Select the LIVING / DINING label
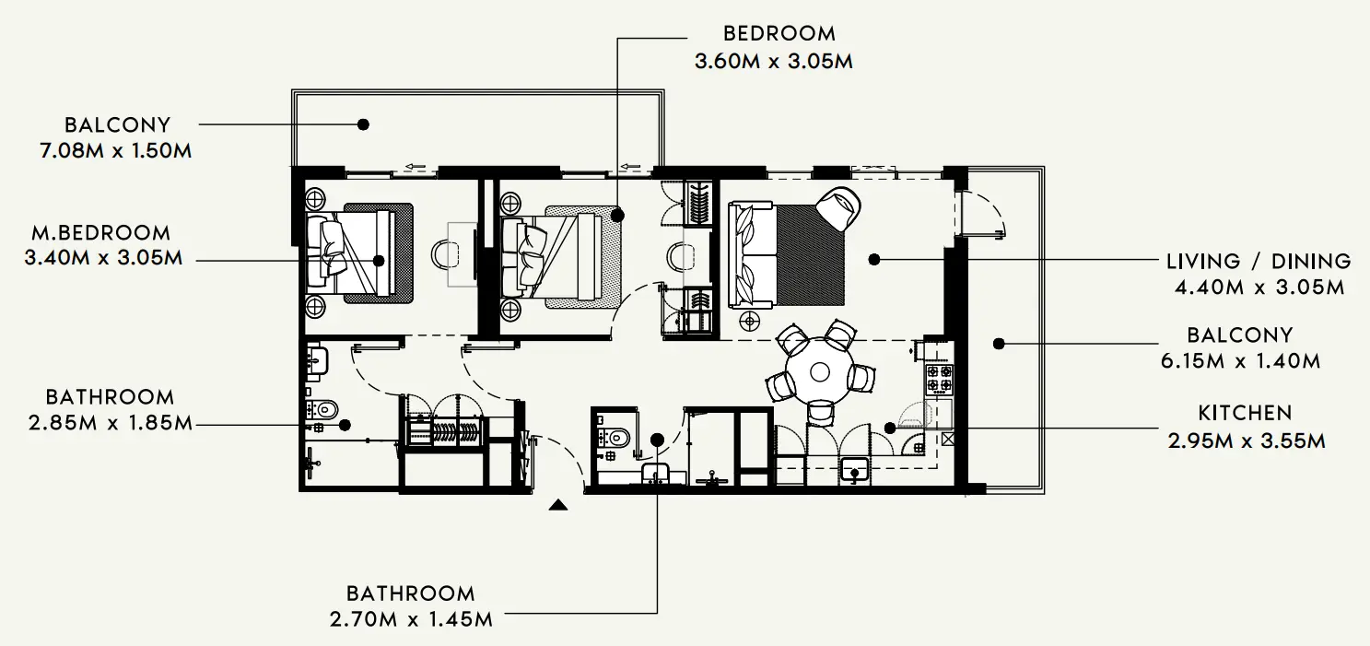tap(1259, 262)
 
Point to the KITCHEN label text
tap(1245, 413)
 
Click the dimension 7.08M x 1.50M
tap(116, 150)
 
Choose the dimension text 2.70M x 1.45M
tap(411, 618)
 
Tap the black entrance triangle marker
tap(557, 504)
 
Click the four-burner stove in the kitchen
tap(939, 377)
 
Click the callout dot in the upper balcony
tap(363, 123)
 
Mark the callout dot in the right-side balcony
tap(997, 344)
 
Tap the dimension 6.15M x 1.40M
tap(1240, 360)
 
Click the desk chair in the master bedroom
tap(449, 252)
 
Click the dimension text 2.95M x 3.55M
tap(1247, 440)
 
